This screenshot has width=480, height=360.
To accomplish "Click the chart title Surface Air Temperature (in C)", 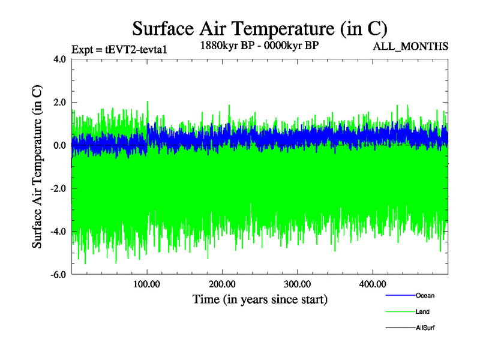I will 259,28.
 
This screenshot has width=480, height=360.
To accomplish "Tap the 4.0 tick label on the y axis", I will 58,59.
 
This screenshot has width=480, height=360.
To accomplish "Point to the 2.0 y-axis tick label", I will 58,103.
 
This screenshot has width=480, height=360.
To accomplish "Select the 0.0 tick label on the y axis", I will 58,146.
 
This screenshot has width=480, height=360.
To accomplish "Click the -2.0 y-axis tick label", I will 56,189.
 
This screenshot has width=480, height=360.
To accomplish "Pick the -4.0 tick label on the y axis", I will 56,232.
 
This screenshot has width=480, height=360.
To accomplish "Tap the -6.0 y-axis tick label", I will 56,275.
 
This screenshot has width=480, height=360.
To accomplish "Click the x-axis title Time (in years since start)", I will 260,299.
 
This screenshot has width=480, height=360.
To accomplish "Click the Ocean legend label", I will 425,295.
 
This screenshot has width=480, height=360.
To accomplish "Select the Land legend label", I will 422,311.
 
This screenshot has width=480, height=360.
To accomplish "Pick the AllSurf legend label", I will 425,328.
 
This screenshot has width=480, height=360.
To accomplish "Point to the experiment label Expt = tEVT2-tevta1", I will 119,49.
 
